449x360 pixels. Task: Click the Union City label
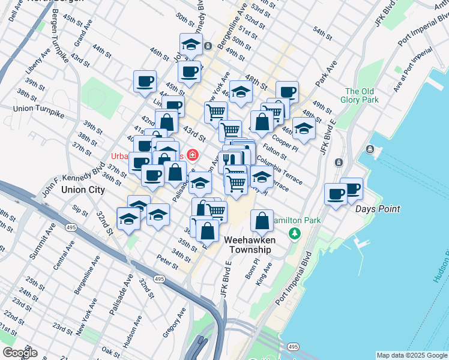(83, 190)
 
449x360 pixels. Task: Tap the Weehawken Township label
(250, 245)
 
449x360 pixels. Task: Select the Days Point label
(378, 209)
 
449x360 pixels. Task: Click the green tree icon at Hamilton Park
(295, 233)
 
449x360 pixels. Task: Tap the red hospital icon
(193, 155)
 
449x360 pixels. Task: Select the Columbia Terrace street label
(279, 169)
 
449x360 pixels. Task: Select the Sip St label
(79, 211)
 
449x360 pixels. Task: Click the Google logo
(19, 353)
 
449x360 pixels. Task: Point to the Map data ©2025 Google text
(411, 355)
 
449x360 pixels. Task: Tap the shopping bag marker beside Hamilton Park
(262, 220)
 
